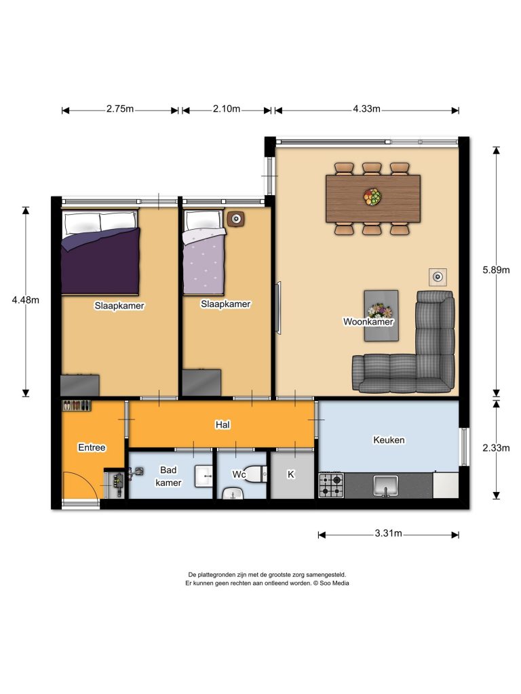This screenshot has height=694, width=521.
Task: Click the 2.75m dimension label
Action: point(120,109)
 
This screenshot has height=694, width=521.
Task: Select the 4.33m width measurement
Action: point(366,109)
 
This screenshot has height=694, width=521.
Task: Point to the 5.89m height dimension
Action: point(496,270)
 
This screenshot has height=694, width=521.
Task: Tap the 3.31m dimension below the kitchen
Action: point(388,533)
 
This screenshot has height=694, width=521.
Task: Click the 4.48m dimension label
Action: point(26,300)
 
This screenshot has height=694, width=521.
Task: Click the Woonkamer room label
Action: point(368,322)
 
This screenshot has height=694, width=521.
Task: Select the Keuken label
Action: point(389,440)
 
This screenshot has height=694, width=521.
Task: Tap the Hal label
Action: point(223,425)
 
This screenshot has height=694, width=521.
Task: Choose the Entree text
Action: point(92,447)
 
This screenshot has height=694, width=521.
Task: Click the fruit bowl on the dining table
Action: point(372,197)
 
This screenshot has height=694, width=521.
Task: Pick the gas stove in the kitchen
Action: point(331,485)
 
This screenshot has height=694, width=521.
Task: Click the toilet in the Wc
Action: point(254,474)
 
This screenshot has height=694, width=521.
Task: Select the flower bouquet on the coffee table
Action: point(380,310)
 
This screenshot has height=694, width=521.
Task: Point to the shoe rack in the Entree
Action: point(76,405)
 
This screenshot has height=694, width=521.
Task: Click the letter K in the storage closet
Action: point(290,474)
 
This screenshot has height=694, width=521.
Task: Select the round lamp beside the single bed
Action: point(236,219)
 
